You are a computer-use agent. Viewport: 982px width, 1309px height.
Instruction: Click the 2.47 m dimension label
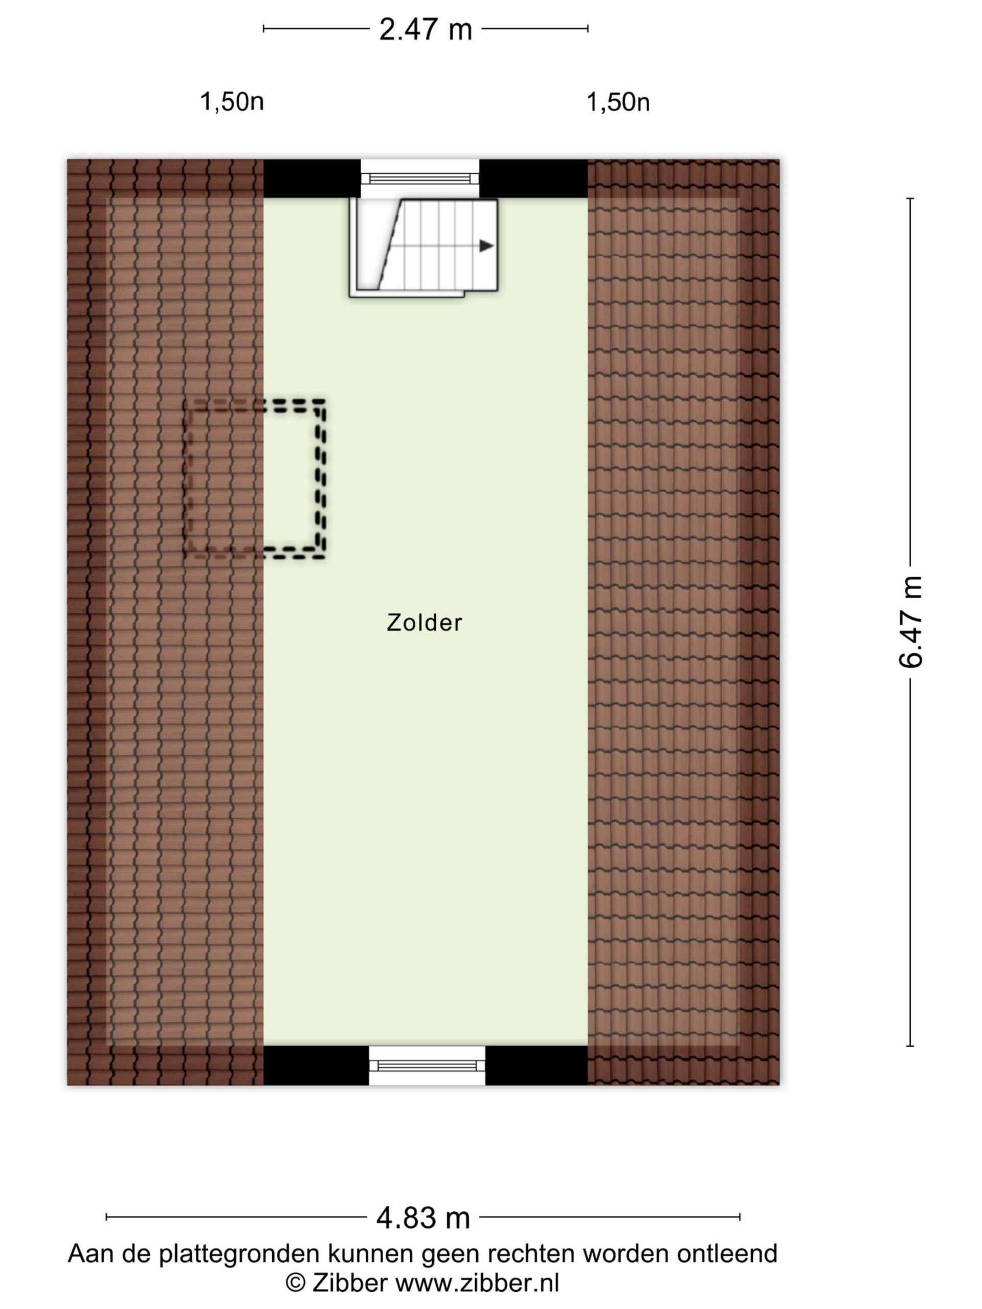coord(425,29)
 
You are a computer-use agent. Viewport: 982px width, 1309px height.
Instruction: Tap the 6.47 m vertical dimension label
coord(910,621)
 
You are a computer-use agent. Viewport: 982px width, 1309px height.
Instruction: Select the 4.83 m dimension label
coord(422,1217)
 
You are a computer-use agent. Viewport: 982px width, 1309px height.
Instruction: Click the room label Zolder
coord(425,623)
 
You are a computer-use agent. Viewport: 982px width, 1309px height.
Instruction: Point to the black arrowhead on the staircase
coord(486,245)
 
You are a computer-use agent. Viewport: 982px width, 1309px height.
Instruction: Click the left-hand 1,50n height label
coord(232,102)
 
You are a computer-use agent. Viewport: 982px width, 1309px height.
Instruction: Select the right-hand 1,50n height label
coord(617,102)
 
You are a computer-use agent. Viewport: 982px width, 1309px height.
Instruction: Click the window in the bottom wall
coord(427,1066)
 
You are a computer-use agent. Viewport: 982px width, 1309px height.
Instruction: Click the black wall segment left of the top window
coord(312,178)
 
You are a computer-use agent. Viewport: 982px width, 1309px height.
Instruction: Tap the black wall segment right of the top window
coord(533,178)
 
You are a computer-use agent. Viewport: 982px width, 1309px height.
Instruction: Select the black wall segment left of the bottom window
coord(316,1065)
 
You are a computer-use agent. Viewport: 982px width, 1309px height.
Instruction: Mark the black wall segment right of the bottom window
coord(537,1065)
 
